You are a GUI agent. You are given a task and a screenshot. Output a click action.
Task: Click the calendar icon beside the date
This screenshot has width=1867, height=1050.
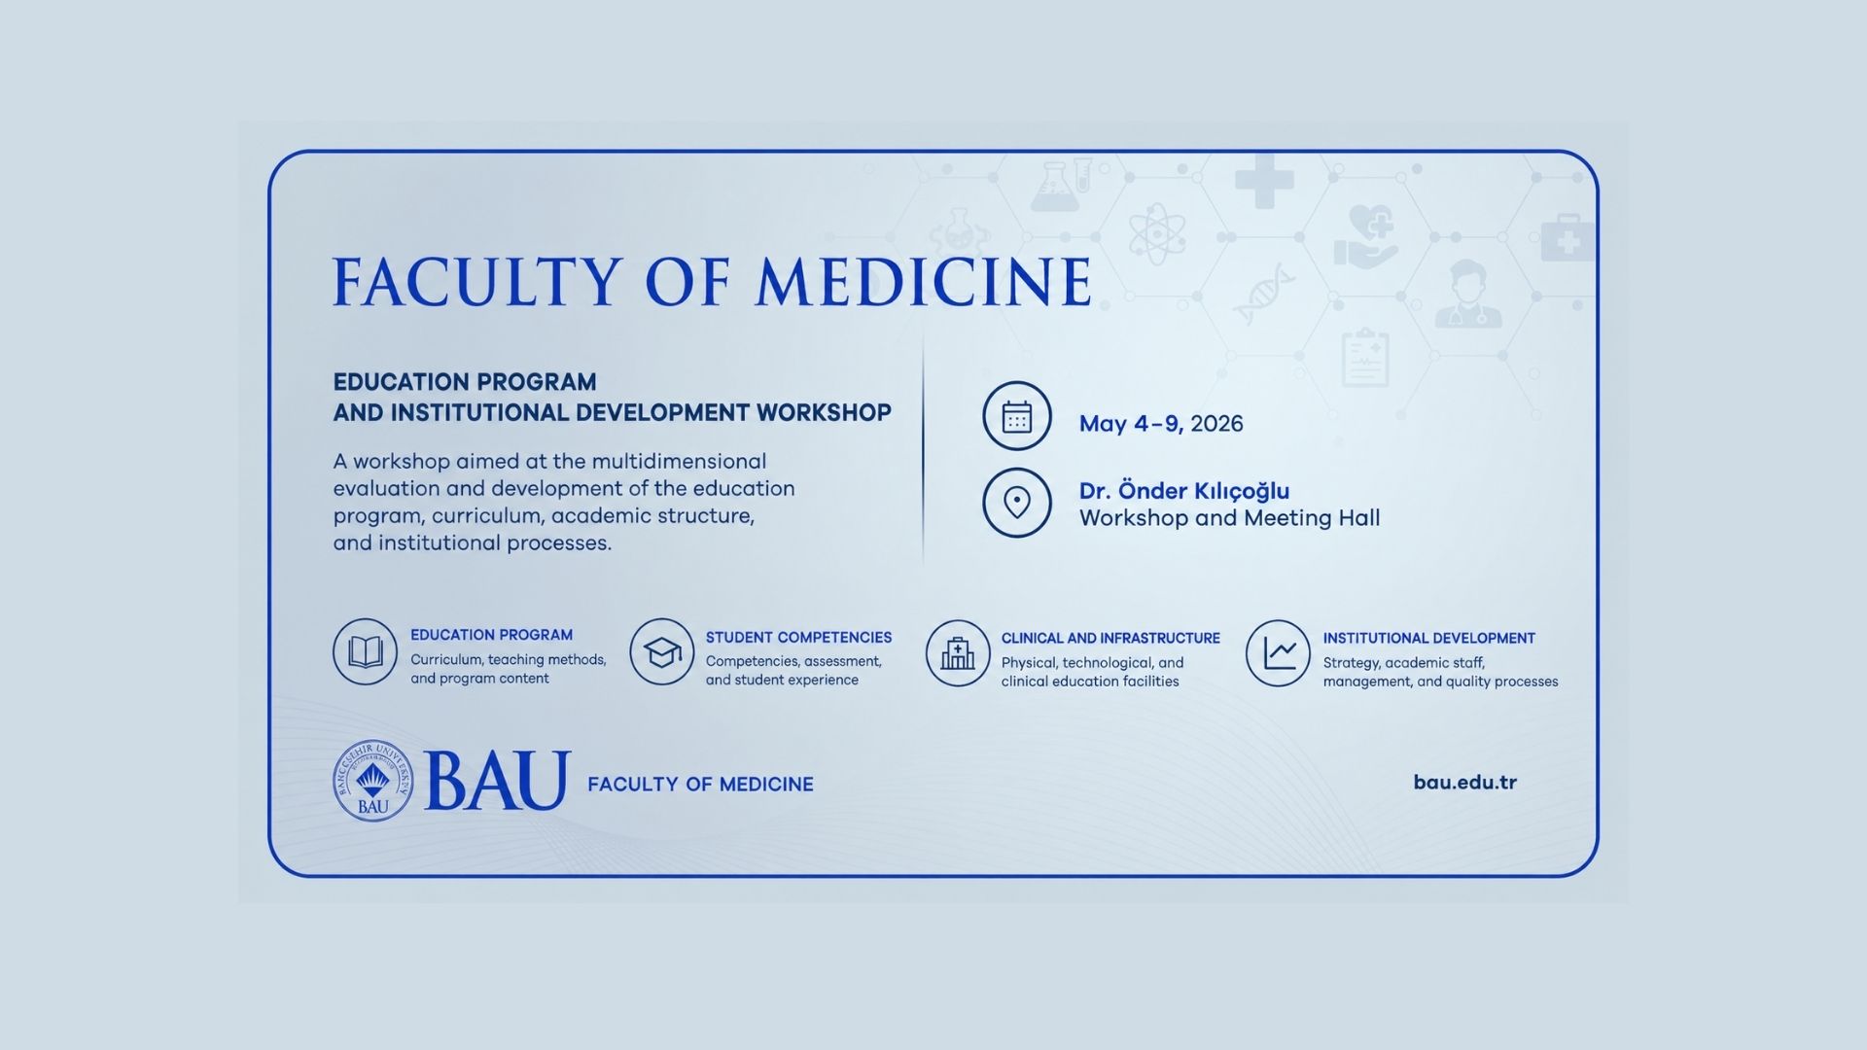(1016, 416)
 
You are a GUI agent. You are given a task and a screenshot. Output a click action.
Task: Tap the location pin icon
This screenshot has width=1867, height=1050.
(1016, 503)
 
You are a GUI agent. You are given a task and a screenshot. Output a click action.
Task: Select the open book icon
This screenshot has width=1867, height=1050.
(365, 651)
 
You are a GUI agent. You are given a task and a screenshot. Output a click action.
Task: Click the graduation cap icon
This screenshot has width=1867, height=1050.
(661, 651)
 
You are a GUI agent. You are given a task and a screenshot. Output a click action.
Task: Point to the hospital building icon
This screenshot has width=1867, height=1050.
(958, 653)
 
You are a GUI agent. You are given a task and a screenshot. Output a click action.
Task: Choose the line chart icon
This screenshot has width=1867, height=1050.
(1279, 653)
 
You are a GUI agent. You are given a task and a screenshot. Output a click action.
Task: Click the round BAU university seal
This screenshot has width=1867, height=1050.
(372, 781)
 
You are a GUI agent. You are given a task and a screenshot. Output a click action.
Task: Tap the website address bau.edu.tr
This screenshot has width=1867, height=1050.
(1464, 783)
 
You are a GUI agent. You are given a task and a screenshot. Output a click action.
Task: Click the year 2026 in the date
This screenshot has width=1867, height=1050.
(1216, 424)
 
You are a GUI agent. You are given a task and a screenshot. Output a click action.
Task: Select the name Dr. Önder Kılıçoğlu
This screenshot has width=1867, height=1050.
(1183, 491)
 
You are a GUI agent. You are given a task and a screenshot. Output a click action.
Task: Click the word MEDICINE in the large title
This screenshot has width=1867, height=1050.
(924, 282)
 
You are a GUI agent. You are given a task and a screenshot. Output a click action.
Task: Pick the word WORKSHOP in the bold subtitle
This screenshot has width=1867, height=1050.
(824, 412)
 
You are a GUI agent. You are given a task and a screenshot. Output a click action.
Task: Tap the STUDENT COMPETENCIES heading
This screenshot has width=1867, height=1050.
(798, 638)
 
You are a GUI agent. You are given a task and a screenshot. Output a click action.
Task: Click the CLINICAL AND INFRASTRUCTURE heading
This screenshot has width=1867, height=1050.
(1110, 639)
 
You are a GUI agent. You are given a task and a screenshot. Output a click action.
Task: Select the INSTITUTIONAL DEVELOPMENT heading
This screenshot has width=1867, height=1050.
(1428, 639)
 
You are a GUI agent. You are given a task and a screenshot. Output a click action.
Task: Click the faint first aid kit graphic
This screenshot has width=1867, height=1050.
(1567, 238)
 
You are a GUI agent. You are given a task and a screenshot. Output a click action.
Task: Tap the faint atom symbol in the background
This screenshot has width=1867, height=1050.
(1156, 233)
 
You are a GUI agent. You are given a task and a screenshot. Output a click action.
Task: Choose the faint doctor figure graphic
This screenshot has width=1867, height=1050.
(1467, 294)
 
